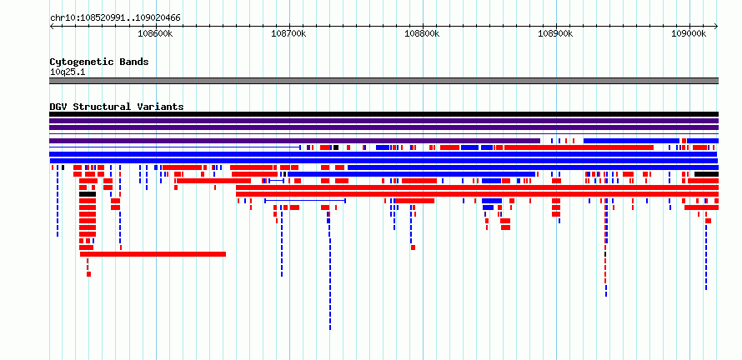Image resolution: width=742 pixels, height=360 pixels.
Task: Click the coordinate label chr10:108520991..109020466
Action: [x=115, y=18]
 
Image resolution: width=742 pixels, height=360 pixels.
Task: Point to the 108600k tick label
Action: [x=155, y=33]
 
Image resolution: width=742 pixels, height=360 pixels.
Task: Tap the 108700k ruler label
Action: [x=288, y=33]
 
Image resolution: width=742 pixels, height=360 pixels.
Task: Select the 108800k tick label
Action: [x=422, y=33]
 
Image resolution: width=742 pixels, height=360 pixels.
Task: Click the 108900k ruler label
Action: [x=555, y=33]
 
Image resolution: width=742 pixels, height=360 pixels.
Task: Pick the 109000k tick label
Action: [x=689, y=33]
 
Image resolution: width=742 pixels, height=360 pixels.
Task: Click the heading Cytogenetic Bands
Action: [x=99, y=62]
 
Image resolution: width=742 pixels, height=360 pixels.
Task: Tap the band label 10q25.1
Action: [x=68, y=72]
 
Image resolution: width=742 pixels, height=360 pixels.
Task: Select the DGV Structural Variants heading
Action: [x=117, y=107]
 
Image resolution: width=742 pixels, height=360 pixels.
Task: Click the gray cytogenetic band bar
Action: [x=384, y=81]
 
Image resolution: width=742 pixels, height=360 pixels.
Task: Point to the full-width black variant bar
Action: [x=384, y=114]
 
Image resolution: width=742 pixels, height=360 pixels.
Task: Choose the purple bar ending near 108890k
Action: [x=294, y=141]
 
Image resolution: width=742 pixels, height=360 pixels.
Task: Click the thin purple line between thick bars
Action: [x=384, y=134]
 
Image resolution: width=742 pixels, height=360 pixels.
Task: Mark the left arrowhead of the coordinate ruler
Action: [x=51, y=27]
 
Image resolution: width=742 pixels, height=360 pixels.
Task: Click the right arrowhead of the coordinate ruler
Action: [x=717, y=27]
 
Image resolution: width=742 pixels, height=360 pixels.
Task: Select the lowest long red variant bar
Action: [x=153, y=254]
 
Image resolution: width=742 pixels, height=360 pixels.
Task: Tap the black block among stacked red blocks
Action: [x=88, y=194]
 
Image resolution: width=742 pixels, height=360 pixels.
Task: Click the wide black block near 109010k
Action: [x=706, y=174]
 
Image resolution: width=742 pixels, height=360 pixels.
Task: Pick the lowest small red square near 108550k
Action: [x=88, y=274]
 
